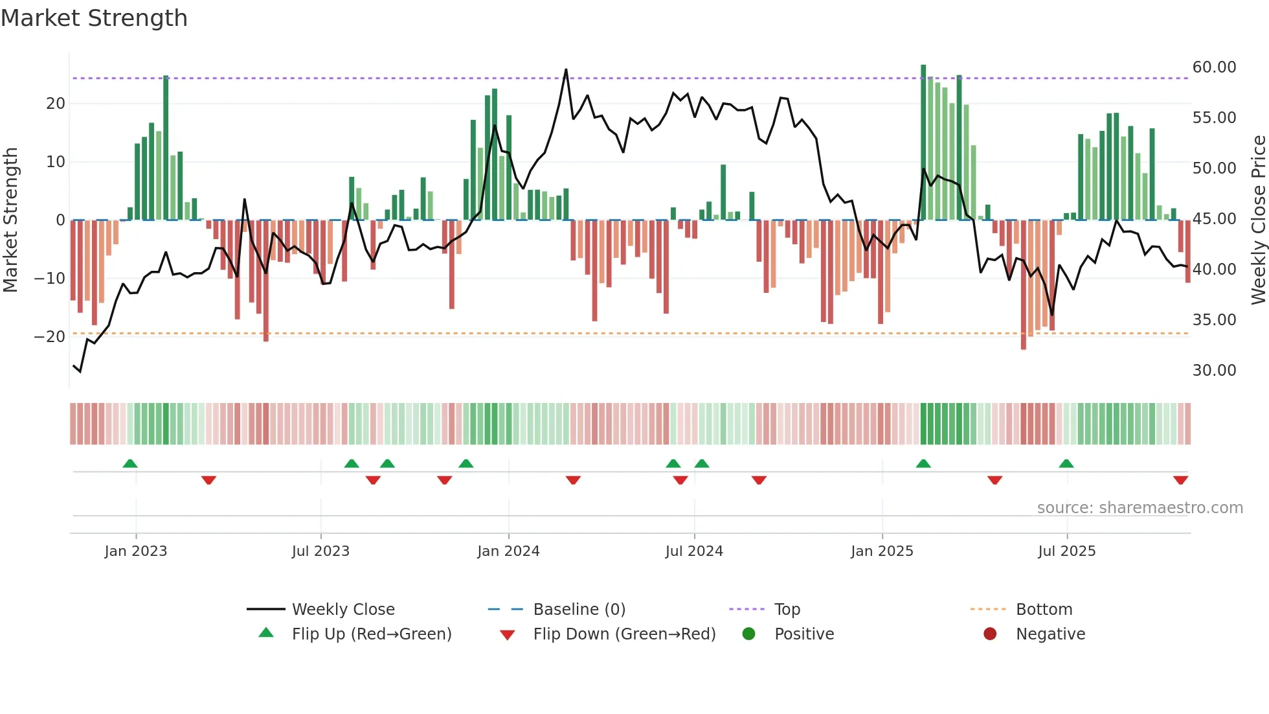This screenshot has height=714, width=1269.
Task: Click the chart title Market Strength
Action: pyautogui.click(x=94, y=18)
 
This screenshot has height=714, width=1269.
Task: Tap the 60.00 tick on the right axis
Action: pyautogui.click(x=1214, y=67)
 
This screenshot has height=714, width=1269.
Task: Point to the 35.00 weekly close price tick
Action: pyautogui.click(x=1214, y=320)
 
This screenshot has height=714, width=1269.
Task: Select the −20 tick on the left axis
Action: pyautogui.click(x=50, y=337)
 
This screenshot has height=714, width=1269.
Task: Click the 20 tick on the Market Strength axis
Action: pyautogui.click(x=56, y=104)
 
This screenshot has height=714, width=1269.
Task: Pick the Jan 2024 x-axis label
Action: pyautogui.click(x=508, y=551)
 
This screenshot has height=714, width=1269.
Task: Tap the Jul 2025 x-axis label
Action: pyautogui.click(x=1066, y=551)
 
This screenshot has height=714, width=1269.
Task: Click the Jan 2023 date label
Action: pyautogui.click(x=136, y=551)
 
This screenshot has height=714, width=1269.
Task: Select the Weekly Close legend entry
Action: pyautogui.click(x=343, y=610)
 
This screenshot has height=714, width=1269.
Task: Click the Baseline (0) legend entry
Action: pyautogui.click(x=579, y=610)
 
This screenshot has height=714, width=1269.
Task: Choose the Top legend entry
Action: pyautogui.click(x=787, y=610)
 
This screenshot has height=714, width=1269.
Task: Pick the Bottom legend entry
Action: pyautogui.click(x=1044, y=610)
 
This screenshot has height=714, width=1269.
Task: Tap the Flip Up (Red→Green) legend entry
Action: pyautogui.click(x=371, y=634)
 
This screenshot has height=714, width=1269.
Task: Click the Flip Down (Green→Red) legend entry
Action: pyautogui.click(x=624, y=634)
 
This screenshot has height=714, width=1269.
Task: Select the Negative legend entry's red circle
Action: pyautogui.click(x=990, y=634)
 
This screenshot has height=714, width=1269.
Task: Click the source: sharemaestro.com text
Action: pyautogui.click(x=1140, y=508)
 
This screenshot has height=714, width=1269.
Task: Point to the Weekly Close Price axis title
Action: pyautogui.click(x=1258, y=220)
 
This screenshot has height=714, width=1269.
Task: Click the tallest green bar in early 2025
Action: pyautogui.click(x=923, y=143)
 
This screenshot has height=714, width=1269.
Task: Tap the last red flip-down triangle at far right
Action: pyautogui.click(x=1180, y=480)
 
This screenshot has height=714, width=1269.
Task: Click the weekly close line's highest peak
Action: pyautogui.click(x=566, y=70)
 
